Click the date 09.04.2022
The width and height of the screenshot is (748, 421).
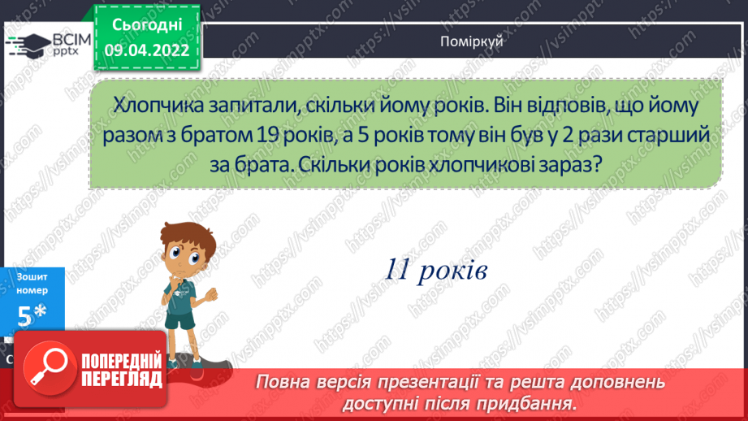pos(147,50)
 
